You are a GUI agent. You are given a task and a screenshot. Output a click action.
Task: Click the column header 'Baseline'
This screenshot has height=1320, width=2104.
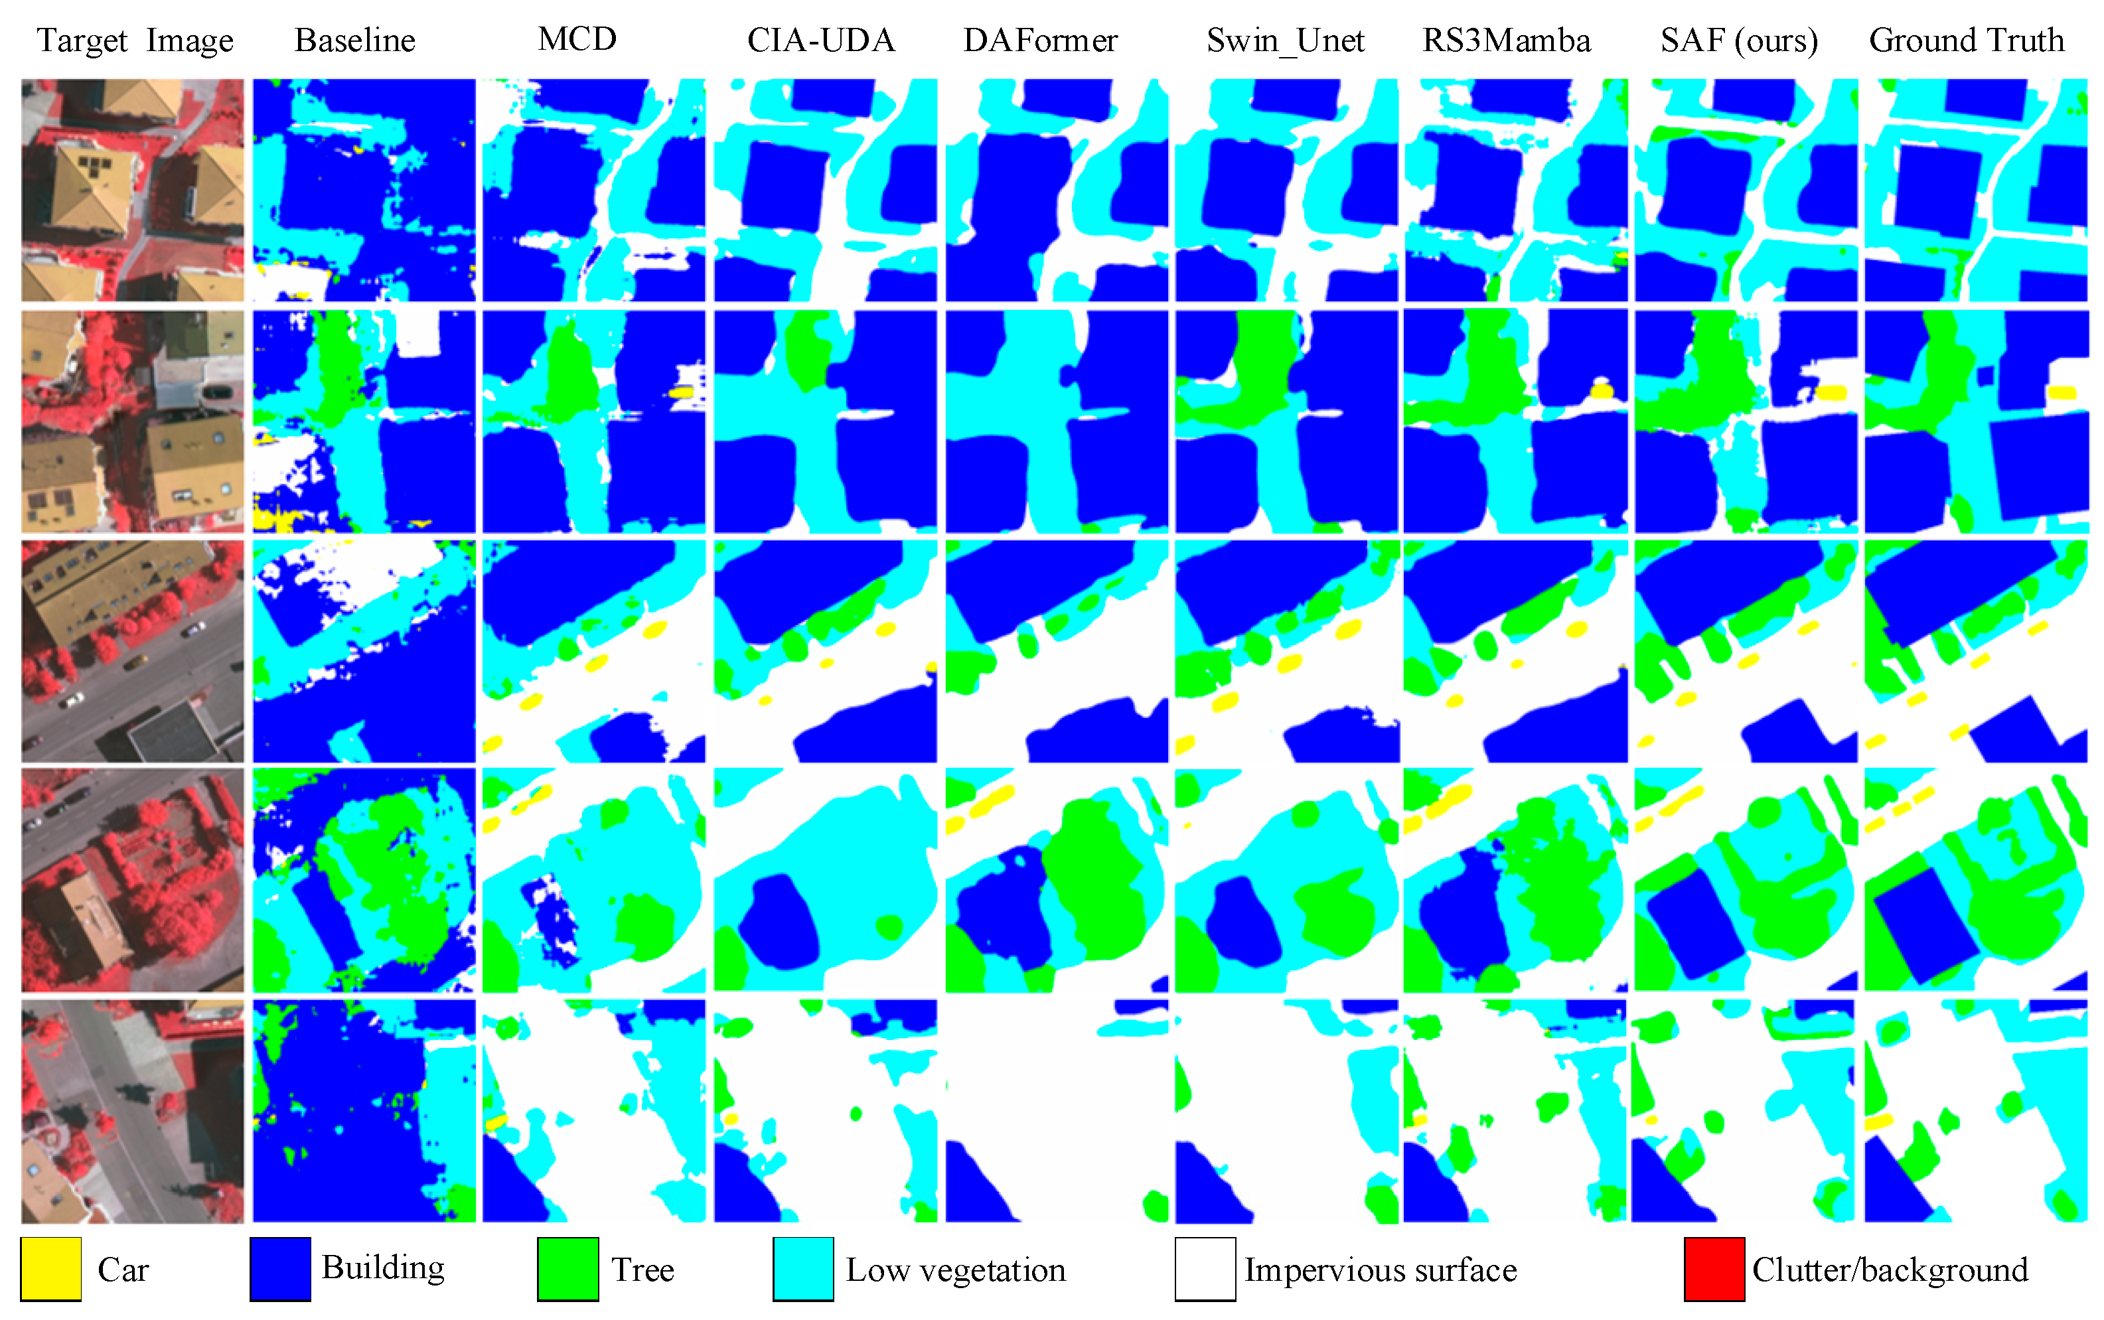[x=354, y=40]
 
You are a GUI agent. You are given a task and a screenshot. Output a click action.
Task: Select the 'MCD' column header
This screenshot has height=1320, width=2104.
[x=577, y=38]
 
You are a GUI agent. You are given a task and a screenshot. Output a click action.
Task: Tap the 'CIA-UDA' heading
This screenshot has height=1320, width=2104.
[x=820, y=40]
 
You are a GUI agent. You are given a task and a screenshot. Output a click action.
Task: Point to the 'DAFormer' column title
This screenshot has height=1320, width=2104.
[x=1040, y=40]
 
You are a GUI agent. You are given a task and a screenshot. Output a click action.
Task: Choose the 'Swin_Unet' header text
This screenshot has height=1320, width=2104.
[x=1285, y=40]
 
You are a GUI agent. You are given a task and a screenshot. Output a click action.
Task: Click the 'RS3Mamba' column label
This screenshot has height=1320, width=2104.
[x=1506, y=40]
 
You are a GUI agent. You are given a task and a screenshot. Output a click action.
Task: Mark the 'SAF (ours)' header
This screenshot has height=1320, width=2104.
[x=1739, y=40]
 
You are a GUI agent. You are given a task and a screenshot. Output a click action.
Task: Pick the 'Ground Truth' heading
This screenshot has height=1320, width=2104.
[x=1966, y=40]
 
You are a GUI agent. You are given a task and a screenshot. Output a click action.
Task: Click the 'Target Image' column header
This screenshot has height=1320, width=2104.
[x=135, y=40]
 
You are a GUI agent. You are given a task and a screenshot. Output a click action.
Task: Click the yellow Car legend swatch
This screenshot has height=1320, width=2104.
[x=50, y=1268]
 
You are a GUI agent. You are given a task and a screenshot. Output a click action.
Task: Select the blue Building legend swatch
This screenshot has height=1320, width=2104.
[x=280, y=1268]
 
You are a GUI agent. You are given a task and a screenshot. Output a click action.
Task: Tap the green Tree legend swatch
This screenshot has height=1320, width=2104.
[x=567, y=1268]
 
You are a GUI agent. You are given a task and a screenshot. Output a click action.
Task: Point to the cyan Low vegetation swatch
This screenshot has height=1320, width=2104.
[x=803, y=1268]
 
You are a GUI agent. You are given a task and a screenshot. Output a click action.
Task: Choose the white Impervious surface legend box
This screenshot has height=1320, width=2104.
[x=1205, y=1268]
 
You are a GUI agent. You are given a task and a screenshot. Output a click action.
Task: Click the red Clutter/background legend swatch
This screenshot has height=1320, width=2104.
[x=1714, y=1268]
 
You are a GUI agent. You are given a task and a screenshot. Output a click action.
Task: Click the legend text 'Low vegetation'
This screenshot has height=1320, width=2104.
[x=956, y=1270]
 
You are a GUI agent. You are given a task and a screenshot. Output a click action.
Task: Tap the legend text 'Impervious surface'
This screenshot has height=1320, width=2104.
[x=1381, y=1270]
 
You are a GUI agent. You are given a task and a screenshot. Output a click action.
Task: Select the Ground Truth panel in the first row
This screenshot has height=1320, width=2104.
[x=1976, y=190]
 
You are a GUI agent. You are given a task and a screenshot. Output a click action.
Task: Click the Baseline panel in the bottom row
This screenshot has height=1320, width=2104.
[x=364, y=1110]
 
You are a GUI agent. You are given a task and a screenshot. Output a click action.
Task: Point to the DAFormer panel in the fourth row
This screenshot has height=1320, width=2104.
[x=1057, y=880]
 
